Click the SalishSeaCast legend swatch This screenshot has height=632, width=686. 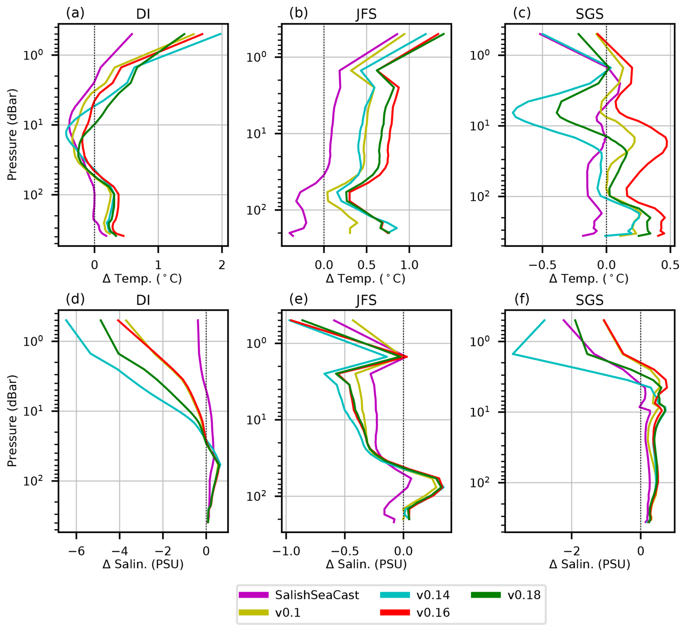tap(253, 595)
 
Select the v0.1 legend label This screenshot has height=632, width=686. tap(288, 612)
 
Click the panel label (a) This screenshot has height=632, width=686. tap(75, 13)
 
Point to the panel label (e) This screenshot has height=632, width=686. tap(298, 299)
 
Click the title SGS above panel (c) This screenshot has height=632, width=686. tap(590, 14)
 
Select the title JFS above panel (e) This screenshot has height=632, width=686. tap(366, 300)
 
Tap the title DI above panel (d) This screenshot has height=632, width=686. tap(143, 300)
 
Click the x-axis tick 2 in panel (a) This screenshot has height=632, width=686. tap(222, 265)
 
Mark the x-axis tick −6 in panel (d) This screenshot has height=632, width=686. tap(76, 551)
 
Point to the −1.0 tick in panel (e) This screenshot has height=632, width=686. tap(286, 551)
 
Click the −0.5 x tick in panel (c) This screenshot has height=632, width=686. tap(542, 265)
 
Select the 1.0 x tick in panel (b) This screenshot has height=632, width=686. tap(409, 265)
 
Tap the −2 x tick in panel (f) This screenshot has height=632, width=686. tap(571, 551)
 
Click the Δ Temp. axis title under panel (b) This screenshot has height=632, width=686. tap(365, 279)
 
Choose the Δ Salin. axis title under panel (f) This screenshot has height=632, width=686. tap(590, 564)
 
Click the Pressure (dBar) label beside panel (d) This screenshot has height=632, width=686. tap(12, 421)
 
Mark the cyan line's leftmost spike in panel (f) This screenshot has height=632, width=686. tap(513, 354)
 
